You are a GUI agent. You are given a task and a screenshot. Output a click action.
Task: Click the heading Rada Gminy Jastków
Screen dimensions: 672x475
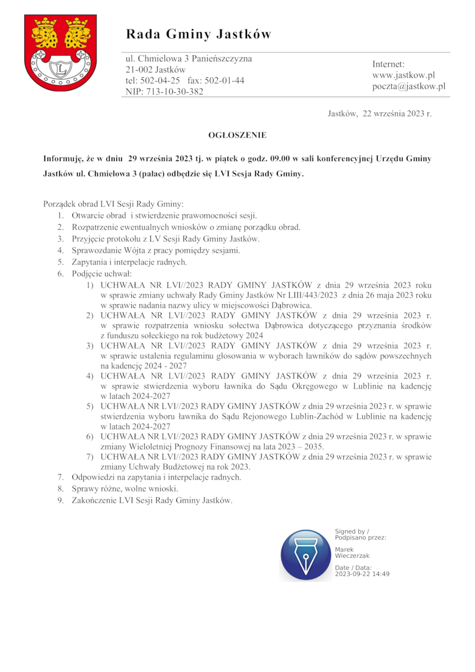[x=198, y=34]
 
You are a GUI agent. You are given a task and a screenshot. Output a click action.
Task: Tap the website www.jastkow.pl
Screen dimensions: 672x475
[x=404, y=75]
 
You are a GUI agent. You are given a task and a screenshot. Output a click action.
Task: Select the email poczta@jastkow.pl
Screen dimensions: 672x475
[x=408, y=87]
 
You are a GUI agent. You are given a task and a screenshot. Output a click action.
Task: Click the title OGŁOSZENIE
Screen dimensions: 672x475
[x=237, y=135]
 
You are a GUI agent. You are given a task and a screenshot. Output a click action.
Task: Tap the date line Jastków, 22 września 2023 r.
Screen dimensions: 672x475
[x=379, y=113]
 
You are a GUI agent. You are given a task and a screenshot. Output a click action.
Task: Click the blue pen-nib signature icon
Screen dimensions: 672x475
[x=306, y=555]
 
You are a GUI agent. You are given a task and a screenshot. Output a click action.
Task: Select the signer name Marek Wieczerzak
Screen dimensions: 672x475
[x=352, y=553]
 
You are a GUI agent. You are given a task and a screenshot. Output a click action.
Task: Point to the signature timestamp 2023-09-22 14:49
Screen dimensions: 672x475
[x=362, y=574]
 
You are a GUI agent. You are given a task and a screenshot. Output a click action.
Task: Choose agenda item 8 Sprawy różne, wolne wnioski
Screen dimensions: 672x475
[x=125, y=488]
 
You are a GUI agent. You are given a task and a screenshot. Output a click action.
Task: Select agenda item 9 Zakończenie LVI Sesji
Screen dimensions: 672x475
[x=151, y=500]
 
